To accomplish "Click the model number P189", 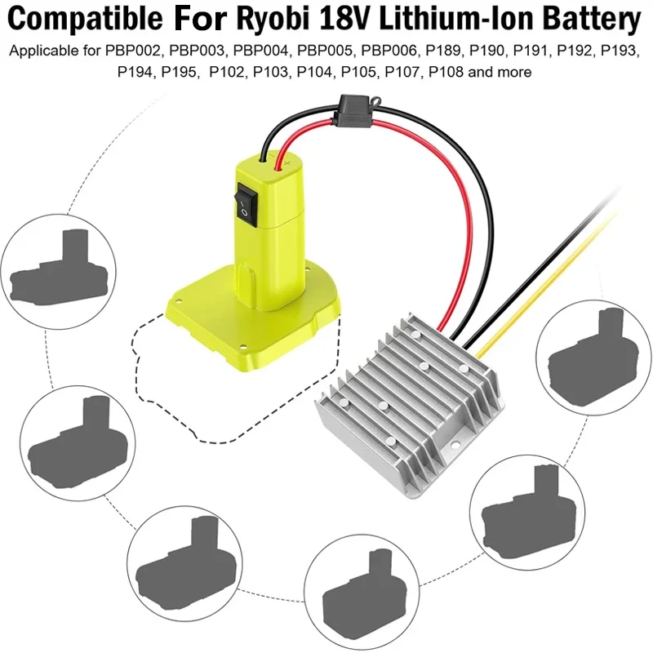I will tap(442, 51).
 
